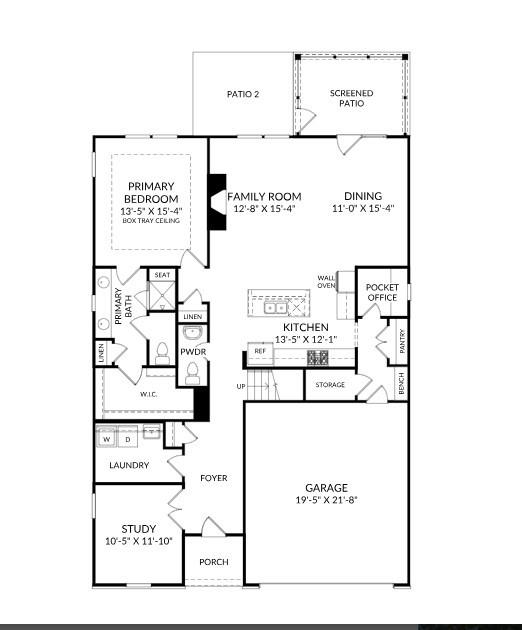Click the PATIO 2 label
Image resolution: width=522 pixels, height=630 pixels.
point(243,94)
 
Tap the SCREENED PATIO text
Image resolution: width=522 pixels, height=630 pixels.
point(351,98)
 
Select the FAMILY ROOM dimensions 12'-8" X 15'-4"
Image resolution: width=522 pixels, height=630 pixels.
point(264,210)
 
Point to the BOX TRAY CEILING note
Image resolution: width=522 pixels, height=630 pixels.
point(151,221)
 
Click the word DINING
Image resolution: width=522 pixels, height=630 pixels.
point(363,196)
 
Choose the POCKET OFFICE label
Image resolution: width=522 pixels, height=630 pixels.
point(382,292)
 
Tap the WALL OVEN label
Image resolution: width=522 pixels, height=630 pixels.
point(326,282)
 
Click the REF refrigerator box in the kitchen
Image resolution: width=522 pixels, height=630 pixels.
point(260,351)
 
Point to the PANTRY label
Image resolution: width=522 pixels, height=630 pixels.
point(402,342)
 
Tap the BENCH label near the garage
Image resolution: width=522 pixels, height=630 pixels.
point(402,383)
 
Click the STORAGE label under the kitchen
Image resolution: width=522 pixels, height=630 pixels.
point(330,385)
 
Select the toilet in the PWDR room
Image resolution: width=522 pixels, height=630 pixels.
point(193,372)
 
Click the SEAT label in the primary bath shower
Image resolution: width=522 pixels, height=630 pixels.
point(161,275)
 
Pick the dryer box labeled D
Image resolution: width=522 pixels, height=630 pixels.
point(128,439)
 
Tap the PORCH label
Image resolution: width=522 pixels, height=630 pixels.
point(213,561)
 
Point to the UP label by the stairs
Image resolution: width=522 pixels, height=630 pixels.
point(240,386)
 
